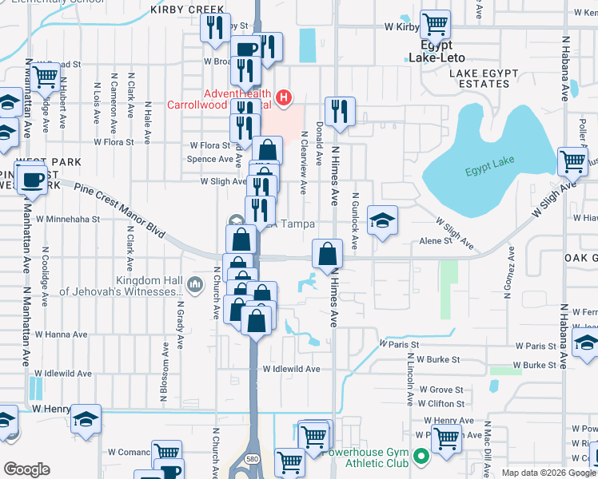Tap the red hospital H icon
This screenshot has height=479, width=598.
[283, 98]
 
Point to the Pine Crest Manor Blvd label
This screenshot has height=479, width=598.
[120, 211]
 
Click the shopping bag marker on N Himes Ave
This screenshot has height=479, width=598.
[327, 255]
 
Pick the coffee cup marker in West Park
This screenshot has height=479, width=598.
[32, 179]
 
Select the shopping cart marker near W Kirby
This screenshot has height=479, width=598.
[435, 25]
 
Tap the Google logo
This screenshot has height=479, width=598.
[26, 469]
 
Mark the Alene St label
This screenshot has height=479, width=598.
[436, 240]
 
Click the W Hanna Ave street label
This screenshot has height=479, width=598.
[57, 335]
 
